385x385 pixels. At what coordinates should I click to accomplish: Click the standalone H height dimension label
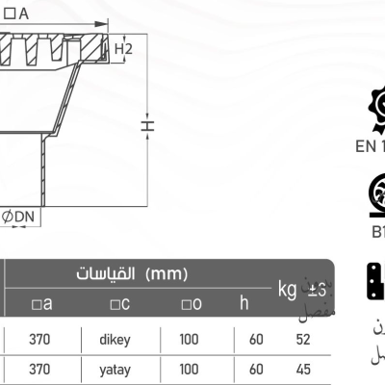pos(146,126)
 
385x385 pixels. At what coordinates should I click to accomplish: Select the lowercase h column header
pos(244,303)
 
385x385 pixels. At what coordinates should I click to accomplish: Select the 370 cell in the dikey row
pos(40,339)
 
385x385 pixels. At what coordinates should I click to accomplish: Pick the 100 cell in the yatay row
pos(190,368)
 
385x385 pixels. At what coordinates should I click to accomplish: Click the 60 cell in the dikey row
pos(256,339)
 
